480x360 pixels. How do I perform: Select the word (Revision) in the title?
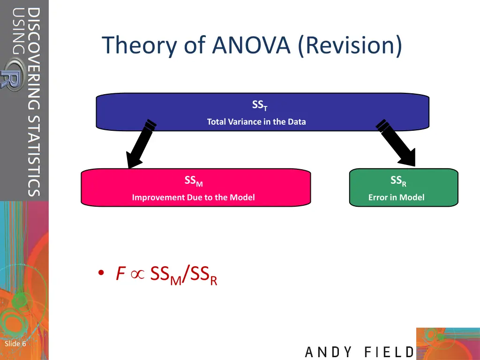[x=350, y=45]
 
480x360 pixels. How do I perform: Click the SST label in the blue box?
[x=259, y=105]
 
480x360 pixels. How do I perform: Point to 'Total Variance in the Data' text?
[x=256, y=122]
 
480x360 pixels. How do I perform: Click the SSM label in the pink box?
[x=193, y=181]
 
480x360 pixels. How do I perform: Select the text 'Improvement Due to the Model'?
[x=193, y=197]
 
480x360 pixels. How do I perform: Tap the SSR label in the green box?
[x=398, y=181]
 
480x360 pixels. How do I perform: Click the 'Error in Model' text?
[x=396, y=197]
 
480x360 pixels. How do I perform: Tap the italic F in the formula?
[x=120, y=274]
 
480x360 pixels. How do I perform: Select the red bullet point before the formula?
[x=100, y=274]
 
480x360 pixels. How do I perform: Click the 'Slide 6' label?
[x=15, y=344]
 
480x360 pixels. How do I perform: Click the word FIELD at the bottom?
[x=389, y=352]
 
